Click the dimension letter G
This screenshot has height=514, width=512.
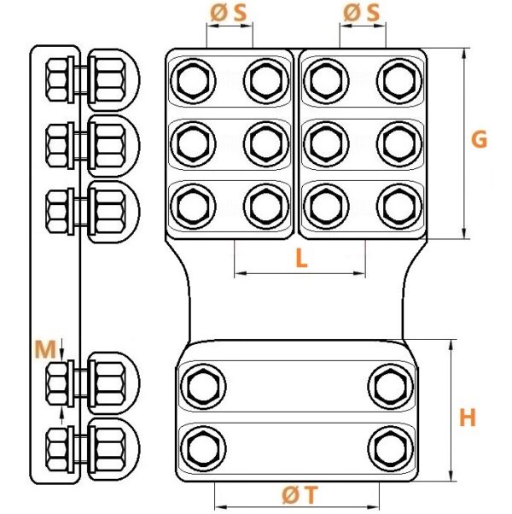click(x=479, y=139)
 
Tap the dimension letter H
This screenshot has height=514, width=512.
click(x=467, y=418)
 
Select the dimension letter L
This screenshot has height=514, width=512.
click(x=301, y=258)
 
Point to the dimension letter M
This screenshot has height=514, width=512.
click(x=45, y=349)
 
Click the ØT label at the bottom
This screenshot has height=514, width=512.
click(x=300, y=494)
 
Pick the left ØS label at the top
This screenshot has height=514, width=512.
click(x=228, y=13)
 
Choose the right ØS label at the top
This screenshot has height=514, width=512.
click(x=361, y=13)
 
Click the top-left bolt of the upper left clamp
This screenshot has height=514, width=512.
click(x=193, y=81)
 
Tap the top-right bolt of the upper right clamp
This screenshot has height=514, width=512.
click(x=399, y=81)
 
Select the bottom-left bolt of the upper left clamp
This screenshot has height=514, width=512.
click(x=193, y=206)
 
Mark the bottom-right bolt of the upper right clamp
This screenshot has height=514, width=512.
click(x=399, y=206)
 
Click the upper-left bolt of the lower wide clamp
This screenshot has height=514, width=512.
click(x=203, y=386)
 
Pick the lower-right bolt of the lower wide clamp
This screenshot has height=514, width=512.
click(x=391, y=449)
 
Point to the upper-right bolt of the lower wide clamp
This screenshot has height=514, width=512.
click(x=391, y=386)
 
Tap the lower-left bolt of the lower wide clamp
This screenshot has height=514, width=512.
click(x=203, y=449)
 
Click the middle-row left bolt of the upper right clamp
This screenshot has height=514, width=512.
click(x=326, y=143)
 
